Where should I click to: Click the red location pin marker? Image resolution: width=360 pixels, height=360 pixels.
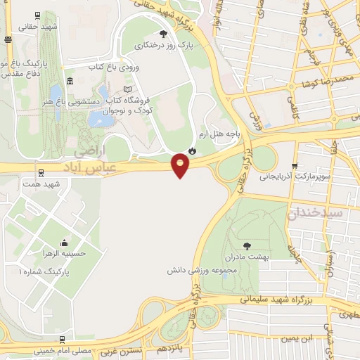(x=181, y=165)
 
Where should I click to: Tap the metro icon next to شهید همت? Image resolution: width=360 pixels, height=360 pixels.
(x=40, y=172)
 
